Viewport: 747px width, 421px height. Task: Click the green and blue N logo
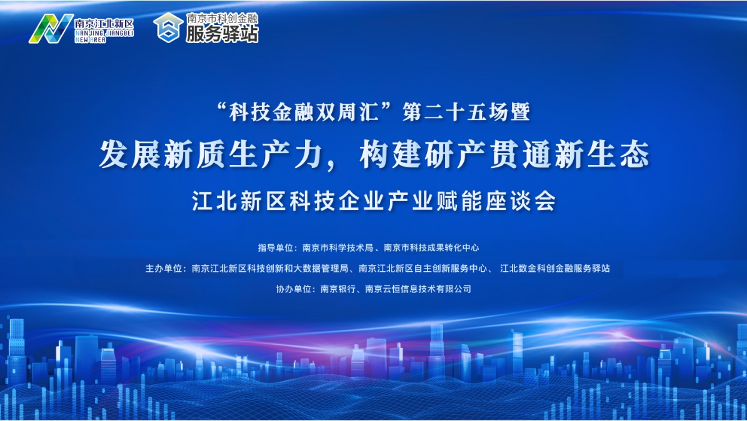(x=51, y=29)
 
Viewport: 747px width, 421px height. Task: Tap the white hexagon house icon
(x=168, y=27)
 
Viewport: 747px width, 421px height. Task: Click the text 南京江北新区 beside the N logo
(x=104, y=24)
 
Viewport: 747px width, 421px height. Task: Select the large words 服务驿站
(x=222, y=34)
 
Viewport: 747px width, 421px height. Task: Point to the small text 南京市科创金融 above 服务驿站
(x=222, y=18)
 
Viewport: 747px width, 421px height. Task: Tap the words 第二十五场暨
(x=466, y=112)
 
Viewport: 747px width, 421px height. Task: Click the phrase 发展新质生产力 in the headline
(x=209, y=154)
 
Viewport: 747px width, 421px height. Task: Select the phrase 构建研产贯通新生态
(x=504, y=154)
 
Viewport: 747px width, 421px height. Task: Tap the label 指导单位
(x=275, y=247)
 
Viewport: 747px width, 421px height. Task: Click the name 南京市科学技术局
(x=338, y=247)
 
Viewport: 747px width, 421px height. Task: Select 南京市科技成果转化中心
(x=431, y=247)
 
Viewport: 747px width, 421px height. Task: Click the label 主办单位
(x=163, y=269)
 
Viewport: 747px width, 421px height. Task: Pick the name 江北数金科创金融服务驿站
(x=555, y=269)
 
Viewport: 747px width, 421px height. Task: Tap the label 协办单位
(x=293, y=289)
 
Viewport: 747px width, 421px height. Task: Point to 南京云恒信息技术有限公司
(x=418, y=289)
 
